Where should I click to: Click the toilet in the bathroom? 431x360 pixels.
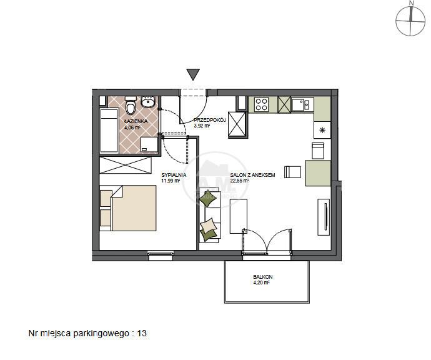(131, 106)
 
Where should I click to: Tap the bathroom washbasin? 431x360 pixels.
(148, 102)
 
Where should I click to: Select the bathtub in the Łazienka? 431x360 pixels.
(109, 131)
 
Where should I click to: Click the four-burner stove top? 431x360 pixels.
(261, 104)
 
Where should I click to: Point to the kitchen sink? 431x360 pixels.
(302, 104)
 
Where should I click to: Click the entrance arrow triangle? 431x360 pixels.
(193, 74)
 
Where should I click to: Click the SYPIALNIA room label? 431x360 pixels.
(174, 175)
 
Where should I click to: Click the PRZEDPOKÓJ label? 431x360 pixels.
(210, 120)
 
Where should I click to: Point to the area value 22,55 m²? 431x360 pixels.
(239, 181)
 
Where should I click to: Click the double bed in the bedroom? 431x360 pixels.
(133, 208)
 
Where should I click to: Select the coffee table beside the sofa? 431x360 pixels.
(239, 216)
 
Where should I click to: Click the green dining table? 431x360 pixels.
(318, 173)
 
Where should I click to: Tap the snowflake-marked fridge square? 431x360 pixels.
(322, 130)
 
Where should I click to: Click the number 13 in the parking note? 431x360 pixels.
(142, 333)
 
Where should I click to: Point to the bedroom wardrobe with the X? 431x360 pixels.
(126, 165)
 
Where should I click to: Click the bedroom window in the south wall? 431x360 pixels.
(161, 255)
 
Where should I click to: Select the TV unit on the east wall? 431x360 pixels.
(324, 217)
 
